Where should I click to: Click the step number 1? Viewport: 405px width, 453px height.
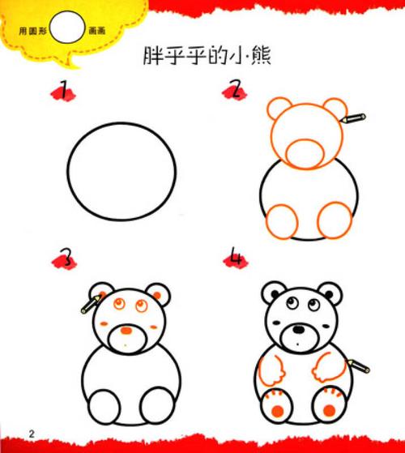point(64,91)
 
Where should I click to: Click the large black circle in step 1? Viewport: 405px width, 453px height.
point(122,171)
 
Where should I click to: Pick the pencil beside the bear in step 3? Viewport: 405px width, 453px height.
point(88,305)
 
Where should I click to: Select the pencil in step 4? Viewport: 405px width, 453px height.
point(356,363)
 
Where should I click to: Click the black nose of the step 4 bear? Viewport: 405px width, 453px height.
point(299,330)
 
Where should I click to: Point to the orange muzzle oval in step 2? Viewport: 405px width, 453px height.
point(305,151)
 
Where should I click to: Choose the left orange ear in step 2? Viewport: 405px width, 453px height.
point(280,109)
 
